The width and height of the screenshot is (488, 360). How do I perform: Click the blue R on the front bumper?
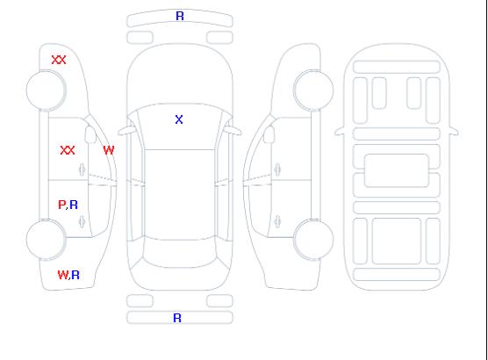click(180, 16)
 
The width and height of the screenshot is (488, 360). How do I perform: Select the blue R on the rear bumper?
click(177, 318)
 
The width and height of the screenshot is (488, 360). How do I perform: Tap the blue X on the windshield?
click(179, 119)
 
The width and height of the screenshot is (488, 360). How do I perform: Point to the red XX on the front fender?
click(59, 60)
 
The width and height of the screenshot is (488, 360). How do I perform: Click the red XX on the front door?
click(68, 150)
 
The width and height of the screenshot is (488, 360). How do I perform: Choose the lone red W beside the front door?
click(109, 150)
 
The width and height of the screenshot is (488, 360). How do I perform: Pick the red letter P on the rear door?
click(62, 205)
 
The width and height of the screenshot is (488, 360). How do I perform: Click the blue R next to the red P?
click(74, 205)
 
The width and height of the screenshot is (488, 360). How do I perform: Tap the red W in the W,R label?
click(63, 275)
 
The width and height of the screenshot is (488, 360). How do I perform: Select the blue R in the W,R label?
click(75, 275)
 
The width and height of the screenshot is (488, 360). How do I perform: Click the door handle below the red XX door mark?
click(83, 169)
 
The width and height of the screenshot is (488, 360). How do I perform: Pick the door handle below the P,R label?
click(83, 221)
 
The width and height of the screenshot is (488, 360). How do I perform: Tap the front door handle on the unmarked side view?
click(277, 169)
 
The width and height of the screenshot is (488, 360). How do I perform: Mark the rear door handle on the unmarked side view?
click(277, 221)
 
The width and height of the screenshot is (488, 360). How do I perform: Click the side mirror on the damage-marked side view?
click(90, 134)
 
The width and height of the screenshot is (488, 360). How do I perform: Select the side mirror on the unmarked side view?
click(269, 134)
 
